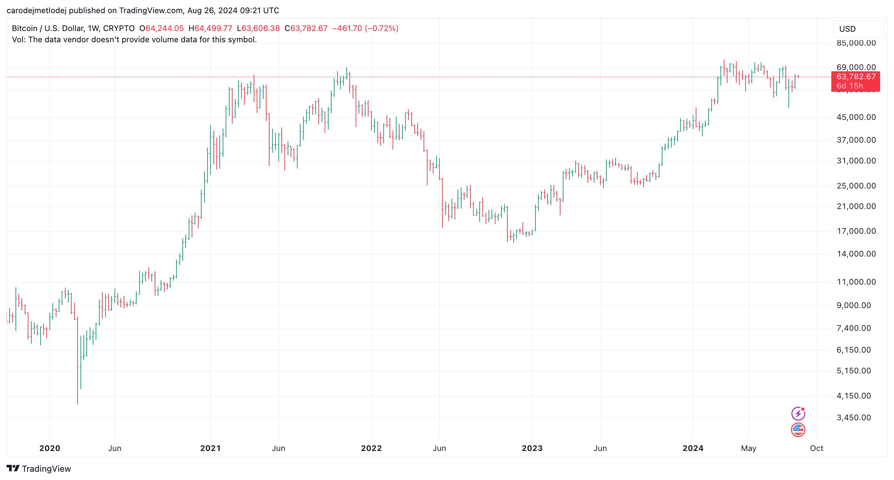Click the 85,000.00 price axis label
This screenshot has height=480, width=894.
tap(856, 43)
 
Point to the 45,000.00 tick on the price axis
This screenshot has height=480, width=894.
tap(856, 118)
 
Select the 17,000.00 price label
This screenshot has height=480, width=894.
tap(856, 231)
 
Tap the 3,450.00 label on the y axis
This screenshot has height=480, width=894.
tap(854, 418)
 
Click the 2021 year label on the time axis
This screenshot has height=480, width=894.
tap(210, 448)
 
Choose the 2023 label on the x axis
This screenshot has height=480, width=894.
tap(532, 448)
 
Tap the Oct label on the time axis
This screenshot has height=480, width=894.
tap(816, 448)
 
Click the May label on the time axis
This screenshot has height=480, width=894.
tap(749, 448)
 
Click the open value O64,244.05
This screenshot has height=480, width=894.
tap(161, 28)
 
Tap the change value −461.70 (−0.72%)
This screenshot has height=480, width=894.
tap(365, 28)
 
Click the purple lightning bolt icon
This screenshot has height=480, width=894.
tap(798, 414)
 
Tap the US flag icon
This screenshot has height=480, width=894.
tap(798, 430)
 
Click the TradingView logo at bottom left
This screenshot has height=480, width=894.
tap(39, 469)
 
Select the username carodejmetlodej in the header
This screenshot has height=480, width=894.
tap(36, 11)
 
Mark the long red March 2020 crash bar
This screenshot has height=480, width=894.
tap(78, 361)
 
